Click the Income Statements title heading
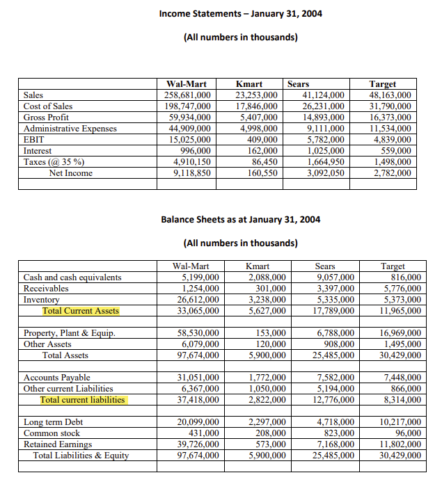pos(240,14)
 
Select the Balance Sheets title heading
pos(240,219)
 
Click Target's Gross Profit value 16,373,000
pos(390,118)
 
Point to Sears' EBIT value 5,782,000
pos(324,140)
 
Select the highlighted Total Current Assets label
pos(81,311)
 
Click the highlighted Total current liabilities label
pos(82,400)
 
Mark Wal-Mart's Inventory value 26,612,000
pos(196,300)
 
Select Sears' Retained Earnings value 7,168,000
pos(333,444)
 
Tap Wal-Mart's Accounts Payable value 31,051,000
pos(196,378)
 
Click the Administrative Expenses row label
pos(70,129)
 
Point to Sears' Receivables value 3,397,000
pos(333,289)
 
